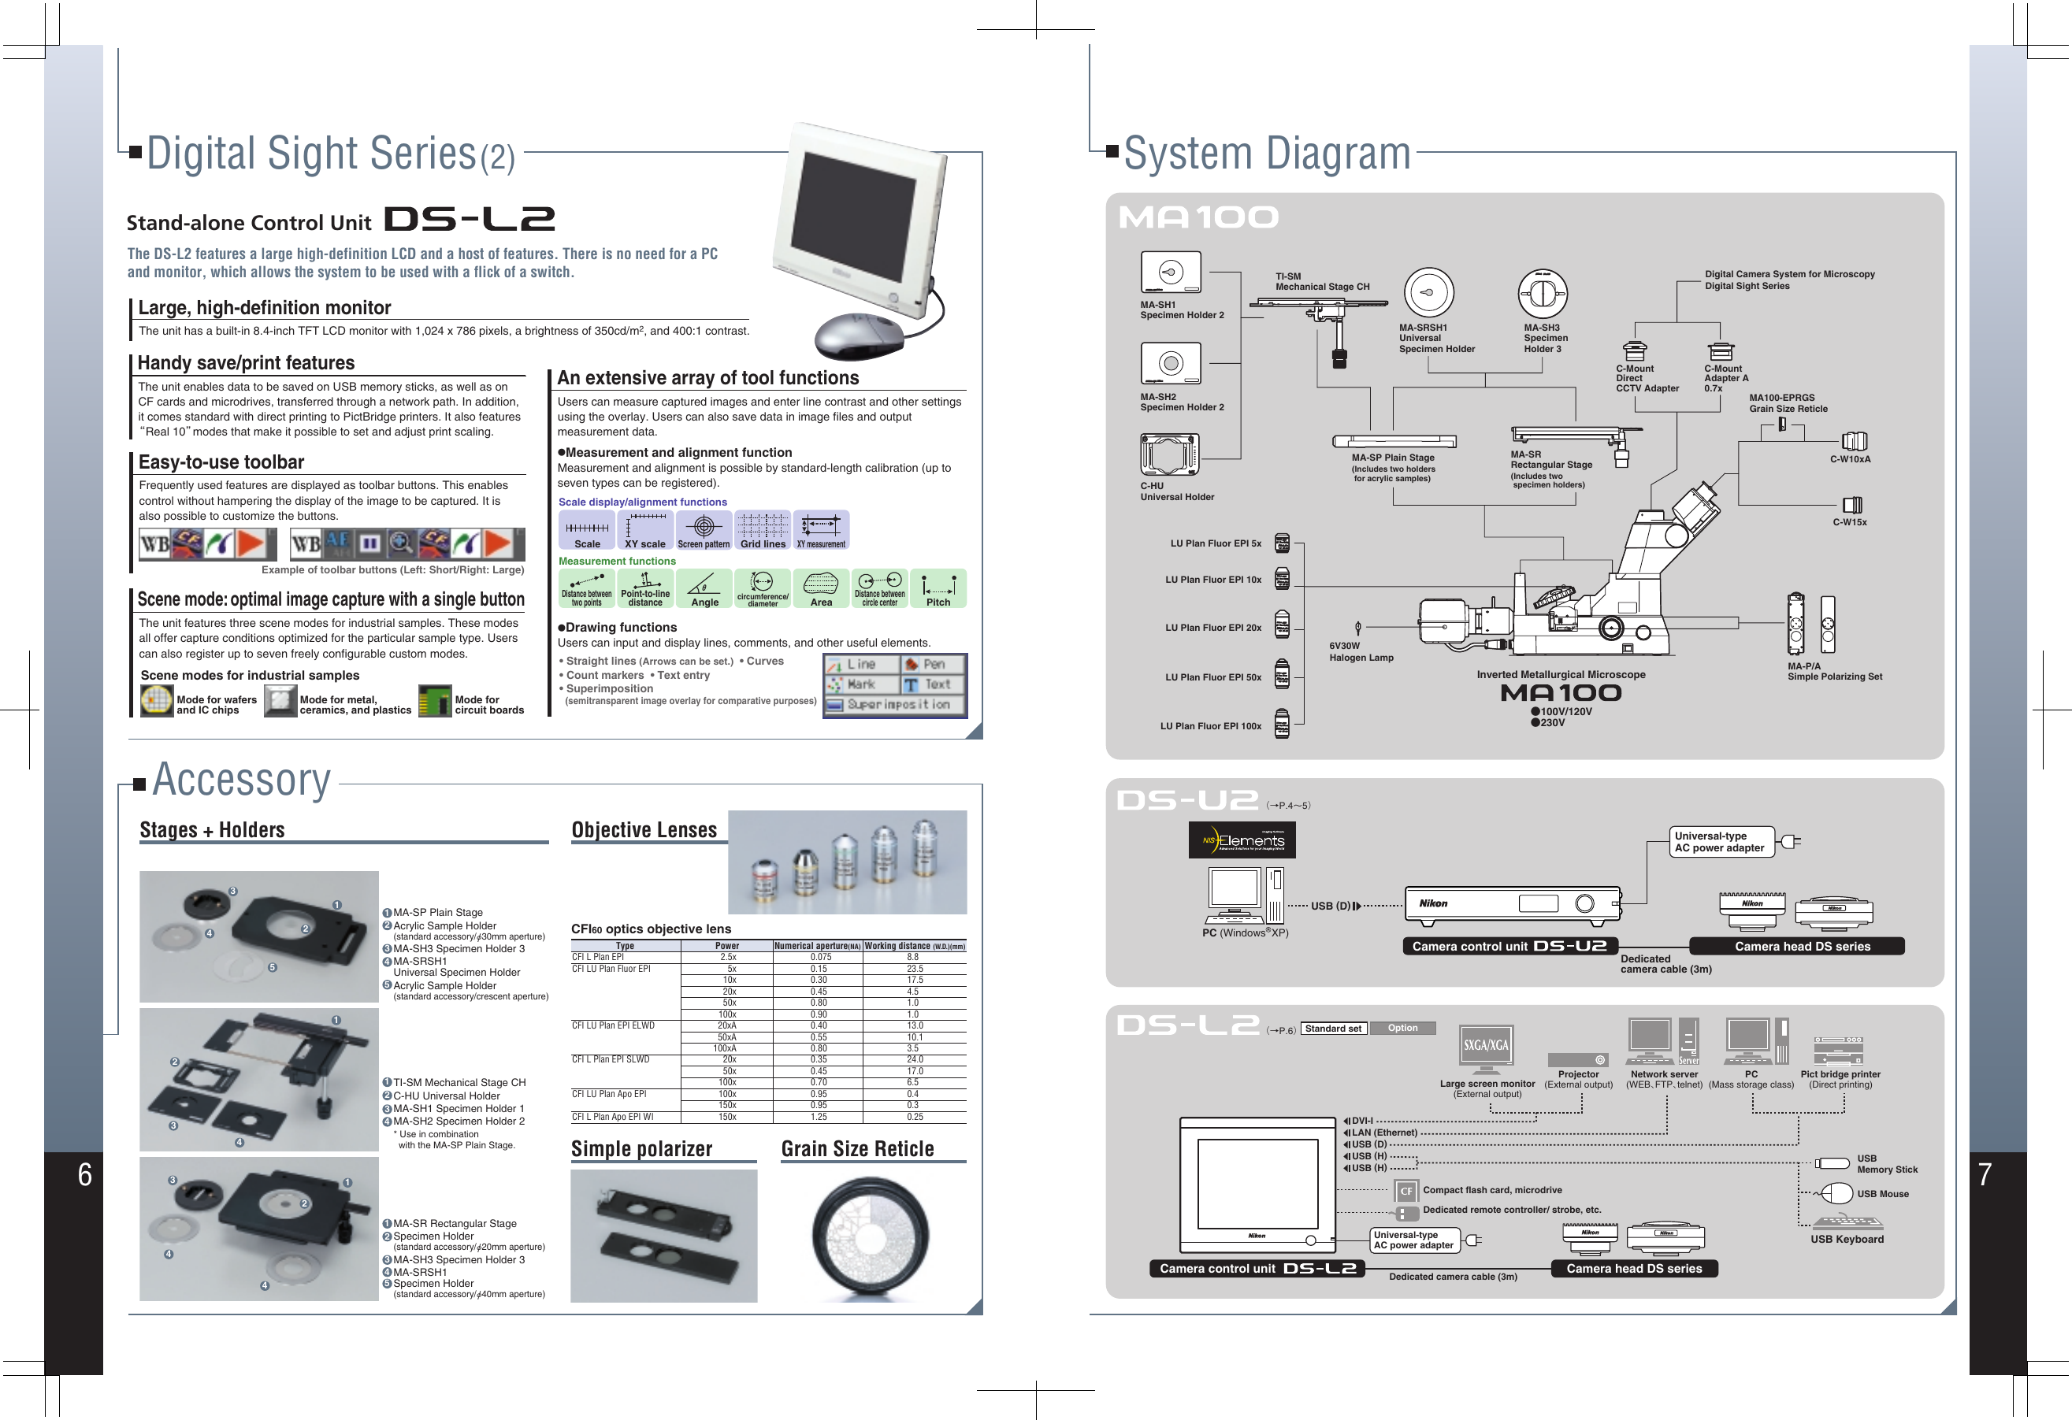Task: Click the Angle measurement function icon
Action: point(704,588)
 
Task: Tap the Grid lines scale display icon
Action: point(763,529)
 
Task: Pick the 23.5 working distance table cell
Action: point(914,968)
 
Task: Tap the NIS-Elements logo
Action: point(1241,840)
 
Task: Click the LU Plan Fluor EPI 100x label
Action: point(1210,725)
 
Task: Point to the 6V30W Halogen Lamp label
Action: point(1360,651)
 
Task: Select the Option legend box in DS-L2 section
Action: point(1402,1028)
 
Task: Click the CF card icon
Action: point(1405,1190)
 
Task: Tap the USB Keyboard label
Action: point(1847,1239)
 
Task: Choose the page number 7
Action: point(1984,1175)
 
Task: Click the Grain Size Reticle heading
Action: point(857,1149)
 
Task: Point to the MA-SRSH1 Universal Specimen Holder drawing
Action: point(1428,292)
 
